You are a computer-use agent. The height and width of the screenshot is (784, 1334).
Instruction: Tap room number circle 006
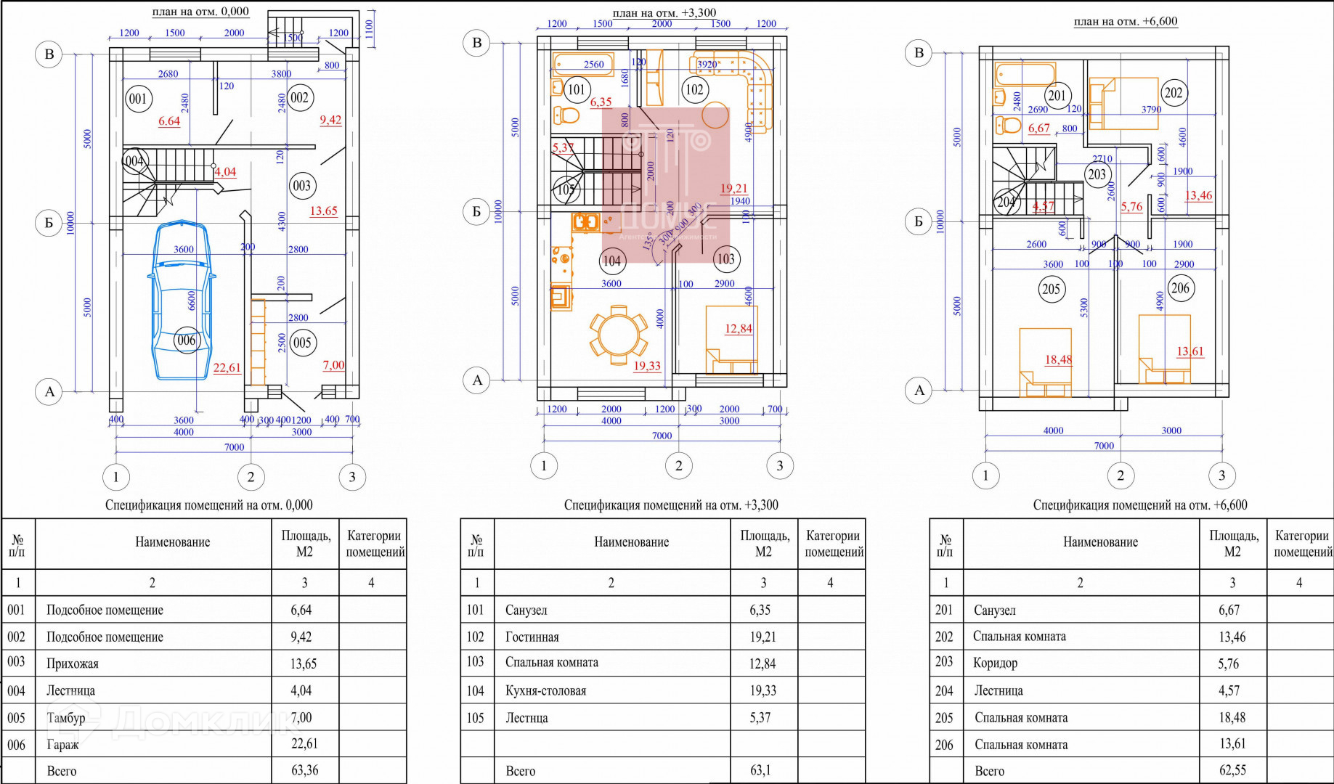tap(187, 340)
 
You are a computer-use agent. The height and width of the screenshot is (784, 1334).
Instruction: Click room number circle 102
tap(694, 89)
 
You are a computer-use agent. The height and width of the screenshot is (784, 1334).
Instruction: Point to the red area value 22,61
tap(227, 368)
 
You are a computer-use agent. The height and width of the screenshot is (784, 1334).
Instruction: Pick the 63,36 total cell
tap(304, 770)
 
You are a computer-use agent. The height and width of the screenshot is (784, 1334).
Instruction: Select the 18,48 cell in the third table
tap(1232, 717)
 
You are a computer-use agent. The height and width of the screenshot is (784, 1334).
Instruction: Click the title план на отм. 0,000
tap(200, 12)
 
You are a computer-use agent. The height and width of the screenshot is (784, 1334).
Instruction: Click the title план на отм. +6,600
tap(1125, 21)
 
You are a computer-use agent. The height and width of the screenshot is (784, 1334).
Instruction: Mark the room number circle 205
tap(1051, 289)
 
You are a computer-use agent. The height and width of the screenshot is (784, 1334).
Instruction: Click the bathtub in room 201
tap(1026, 74)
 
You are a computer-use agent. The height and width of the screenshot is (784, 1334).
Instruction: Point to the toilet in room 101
tap(567, 115)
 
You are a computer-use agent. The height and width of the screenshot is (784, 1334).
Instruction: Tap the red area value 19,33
tap(646, 366)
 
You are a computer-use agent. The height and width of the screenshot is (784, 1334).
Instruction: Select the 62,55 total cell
tap(1232, 770)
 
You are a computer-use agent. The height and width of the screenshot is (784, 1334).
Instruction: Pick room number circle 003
tap(301, 186)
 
